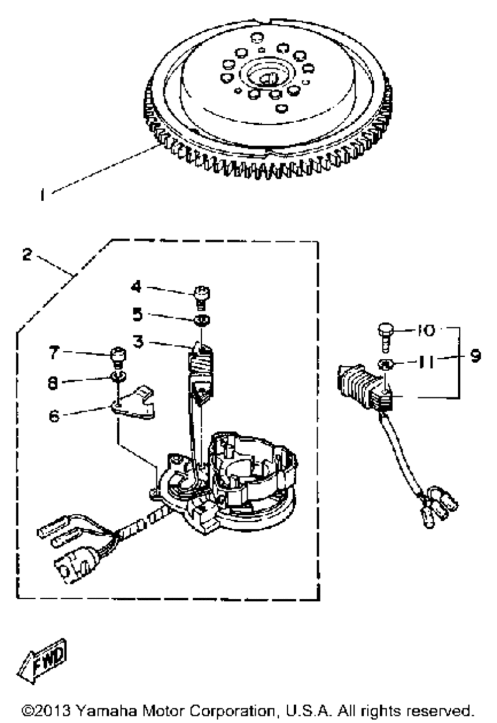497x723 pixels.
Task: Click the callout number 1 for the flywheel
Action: (44, 195)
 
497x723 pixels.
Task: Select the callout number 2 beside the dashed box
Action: (27, 255)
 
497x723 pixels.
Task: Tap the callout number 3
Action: (138, 342)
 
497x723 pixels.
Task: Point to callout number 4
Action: (136, 287)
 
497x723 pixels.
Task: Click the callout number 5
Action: (137, 314)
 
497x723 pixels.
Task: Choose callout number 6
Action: (54, 415)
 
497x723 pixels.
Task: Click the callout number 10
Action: (426, 330)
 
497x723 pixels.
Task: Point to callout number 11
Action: (426, 362)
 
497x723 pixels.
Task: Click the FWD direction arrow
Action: (42, 660)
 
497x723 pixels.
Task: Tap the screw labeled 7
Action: (117, 356)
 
